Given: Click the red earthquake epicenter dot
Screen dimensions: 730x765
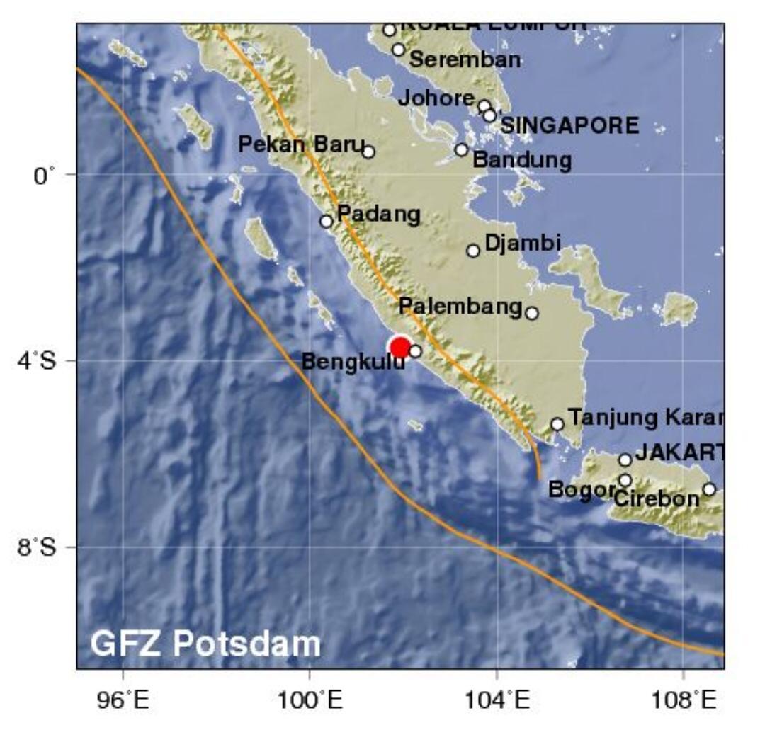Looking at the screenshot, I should (400, 348).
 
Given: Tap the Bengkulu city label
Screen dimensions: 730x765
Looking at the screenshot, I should (353, 363).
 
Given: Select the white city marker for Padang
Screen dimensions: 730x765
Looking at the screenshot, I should (327, 222).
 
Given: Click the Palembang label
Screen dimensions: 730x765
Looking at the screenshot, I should (460, 307).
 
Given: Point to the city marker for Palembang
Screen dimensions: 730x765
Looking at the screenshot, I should (532, 313).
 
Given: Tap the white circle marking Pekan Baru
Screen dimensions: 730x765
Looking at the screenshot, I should (368, 152).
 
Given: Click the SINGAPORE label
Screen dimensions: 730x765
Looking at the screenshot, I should (569, 126).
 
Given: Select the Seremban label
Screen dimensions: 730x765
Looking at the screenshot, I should (465, 59).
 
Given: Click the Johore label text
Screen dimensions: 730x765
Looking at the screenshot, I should (436, 98).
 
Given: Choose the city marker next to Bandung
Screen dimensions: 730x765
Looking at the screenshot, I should (462, 150).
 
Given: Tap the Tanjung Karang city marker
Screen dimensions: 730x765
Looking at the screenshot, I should (557, 424).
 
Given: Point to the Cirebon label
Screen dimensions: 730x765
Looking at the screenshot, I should (657, 498).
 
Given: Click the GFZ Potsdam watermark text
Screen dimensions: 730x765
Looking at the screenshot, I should (205, 644).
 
